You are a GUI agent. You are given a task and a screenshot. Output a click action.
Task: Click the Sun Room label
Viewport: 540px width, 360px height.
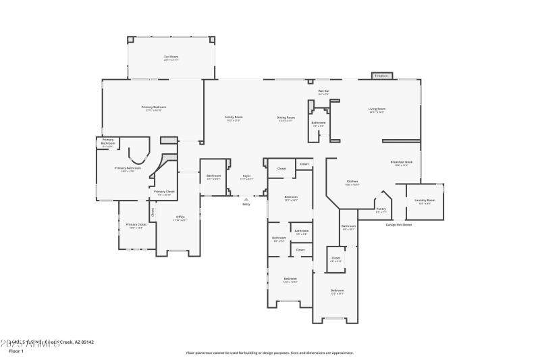click(x=171, y=57)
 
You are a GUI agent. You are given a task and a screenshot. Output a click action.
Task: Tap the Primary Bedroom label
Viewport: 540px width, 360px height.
click(x=154, y=107)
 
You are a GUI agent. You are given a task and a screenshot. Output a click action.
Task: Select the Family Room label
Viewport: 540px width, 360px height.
click(x=234, y=117)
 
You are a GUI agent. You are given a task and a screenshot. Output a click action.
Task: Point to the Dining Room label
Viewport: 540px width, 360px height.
click(x=286, y=118)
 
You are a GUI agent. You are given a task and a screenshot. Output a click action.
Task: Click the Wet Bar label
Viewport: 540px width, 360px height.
click(x=323, y=91)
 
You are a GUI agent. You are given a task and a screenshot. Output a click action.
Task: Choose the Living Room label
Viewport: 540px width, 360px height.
click(x=377, y=109)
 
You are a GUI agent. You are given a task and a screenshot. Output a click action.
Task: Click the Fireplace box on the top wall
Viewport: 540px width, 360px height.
click(x=381, y=76)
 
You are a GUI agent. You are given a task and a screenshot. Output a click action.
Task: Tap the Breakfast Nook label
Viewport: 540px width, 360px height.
click(x=402, y=162)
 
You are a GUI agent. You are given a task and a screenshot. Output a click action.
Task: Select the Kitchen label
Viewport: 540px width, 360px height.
click(x=352, y=181)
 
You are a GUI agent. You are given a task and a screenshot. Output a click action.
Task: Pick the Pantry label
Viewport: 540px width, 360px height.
click(x=381, y=209)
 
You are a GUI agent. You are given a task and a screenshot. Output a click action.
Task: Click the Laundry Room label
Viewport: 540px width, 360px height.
click(x=425, y=200)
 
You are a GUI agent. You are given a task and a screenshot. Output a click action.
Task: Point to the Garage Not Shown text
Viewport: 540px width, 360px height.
click(x=398, y=224)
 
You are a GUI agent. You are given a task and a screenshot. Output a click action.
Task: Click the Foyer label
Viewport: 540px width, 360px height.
click(x=247, y=176)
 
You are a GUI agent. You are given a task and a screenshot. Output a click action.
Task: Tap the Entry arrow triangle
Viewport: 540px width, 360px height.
click(x=246, y=199)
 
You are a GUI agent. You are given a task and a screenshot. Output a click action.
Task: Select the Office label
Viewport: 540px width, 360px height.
click(x=180, y=217)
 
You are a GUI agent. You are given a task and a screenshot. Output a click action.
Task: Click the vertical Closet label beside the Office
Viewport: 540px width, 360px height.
click(x=153, y=211)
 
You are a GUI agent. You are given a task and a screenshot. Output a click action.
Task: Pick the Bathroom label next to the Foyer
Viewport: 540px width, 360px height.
click(x=213, y=176)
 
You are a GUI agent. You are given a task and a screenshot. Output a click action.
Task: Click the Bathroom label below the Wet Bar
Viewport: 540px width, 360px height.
click(x=319, y=122)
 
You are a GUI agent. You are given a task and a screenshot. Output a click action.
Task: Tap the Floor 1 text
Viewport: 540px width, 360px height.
click(x=16, y=351)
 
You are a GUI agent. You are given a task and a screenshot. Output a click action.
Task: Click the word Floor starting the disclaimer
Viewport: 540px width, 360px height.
click(x=191, y=353)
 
